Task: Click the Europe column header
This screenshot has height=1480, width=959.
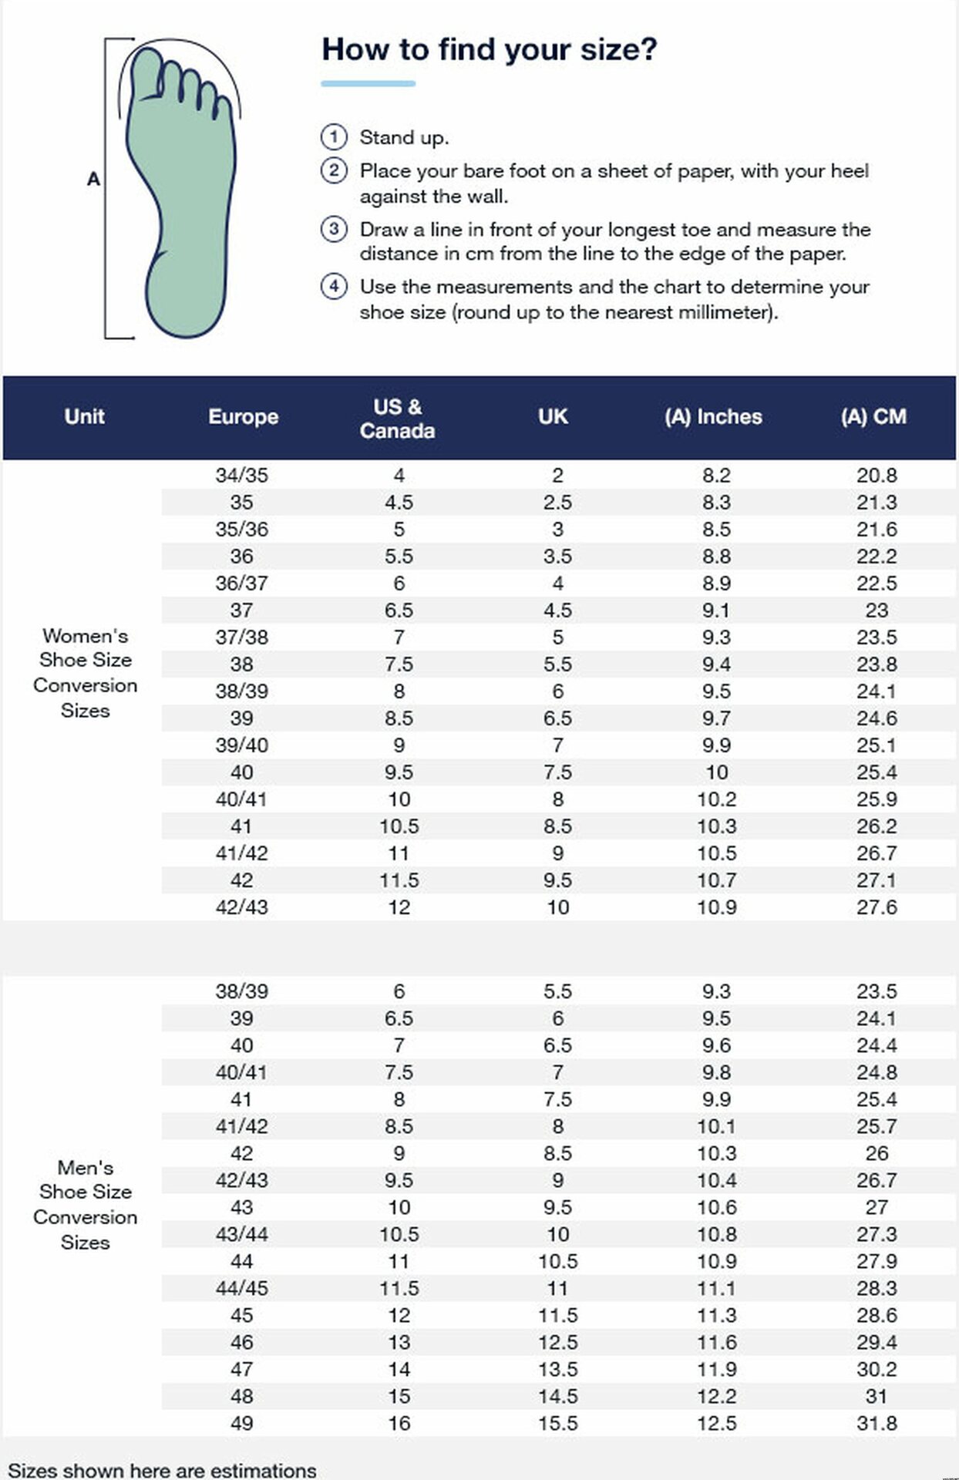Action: point(243,417)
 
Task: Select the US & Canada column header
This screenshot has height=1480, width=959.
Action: point(398,419)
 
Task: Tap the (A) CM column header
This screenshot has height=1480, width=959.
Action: point(873,417)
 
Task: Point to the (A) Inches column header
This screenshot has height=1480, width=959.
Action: point(713,417)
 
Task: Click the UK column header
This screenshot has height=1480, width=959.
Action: point(554,417)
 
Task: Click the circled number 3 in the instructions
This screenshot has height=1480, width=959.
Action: point(334,229)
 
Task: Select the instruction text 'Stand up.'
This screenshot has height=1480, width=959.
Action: point(404,138)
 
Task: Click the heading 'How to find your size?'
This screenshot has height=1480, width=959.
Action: point(490,49)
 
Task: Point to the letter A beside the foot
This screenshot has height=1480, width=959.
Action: point(93,180)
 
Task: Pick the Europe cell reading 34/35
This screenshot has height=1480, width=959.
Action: point(241,476)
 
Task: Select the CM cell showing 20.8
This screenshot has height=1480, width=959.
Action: point(877,476)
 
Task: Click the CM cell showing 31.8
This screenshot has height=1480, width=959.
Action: point(877,1423)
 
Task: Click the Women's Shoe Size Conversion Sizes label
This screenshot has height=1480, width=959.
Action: point(86,673)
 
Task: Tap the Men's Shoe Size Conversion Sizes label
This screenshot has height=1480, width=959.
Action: point(86,1205)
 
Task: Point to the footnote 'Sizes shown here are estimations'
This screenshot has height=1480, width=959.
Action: point(162,1470)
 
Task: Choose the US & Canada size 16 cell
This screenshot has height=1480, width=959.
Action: point(399,1423)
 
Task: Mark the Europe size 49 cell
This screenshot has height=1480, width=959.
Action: point(241,1423)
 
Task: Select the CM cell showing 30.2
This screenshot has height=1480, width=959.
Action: point(877,1369)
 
